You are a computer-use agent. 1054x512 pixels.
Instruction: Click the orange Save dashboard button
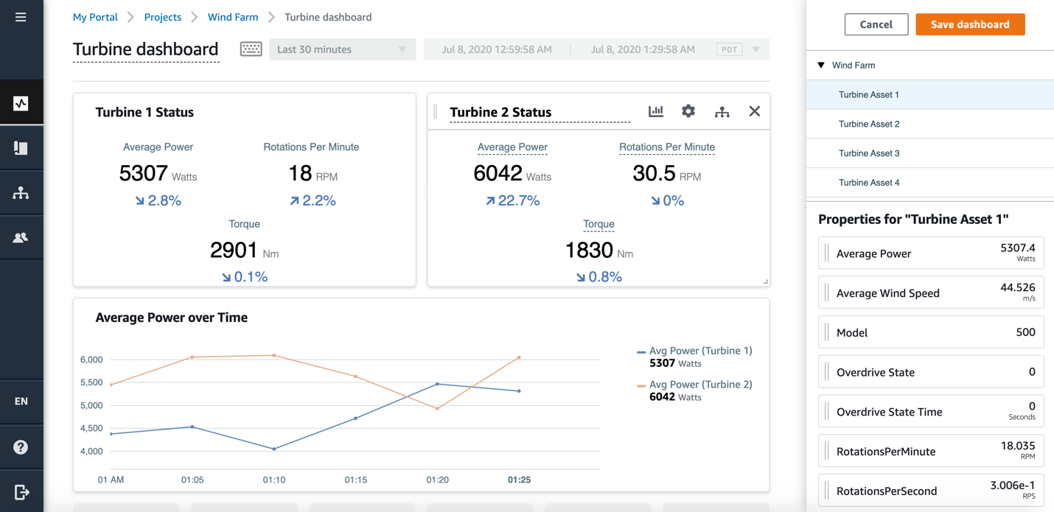click(970, 24)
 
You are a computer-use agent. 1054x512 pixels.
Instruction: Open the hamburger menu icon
click(21, 17)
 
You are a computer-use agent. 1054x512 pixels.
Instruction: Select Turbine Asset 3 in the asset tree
click(868, 153)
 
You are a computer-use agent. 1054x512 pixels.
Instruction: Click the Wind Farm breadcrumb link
click(233, 17)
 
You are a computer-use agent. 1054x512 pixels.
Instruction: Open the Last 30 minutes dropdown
click(342, 49)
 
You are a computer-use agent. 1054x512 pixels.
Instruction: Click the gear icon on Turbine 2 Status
click(688, 111)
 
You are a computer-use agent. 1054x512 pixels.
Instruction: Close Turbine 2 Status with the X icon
click(754, 111)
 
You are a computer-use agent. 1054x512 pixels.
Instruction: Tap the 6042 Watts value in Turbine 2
click(498, 173)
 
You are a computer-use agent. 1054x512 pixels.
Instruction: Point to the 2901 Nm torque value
click(234, 250)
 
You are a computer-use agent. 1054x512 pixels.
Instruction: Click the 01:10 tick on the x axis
click(274, 480)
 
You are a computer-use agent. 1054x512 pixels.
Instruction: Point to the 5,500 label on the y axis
click(91, 382)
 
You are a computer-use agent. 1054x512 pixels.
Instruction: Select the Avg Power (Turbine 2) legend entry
click(699, 385)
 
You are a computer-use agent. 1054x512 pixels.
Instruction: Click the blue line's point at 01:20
click(438, 384)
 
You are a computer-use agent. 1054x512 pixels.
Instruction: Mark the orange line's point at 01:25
click(520, 357)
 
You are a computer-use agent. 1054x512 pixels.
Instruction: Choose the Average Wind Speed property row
click(930, 292)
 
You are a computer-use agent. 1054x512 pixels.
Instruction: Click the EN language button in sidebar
click(21, 401)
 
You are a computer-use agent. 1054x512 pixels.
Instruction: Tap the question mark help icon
click(21, 447)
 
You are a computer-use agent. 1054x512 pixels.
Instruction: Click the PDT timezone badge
click(729, 49)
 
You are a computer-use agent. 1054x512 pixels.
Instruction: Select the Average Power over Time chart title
click(171, 318)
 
